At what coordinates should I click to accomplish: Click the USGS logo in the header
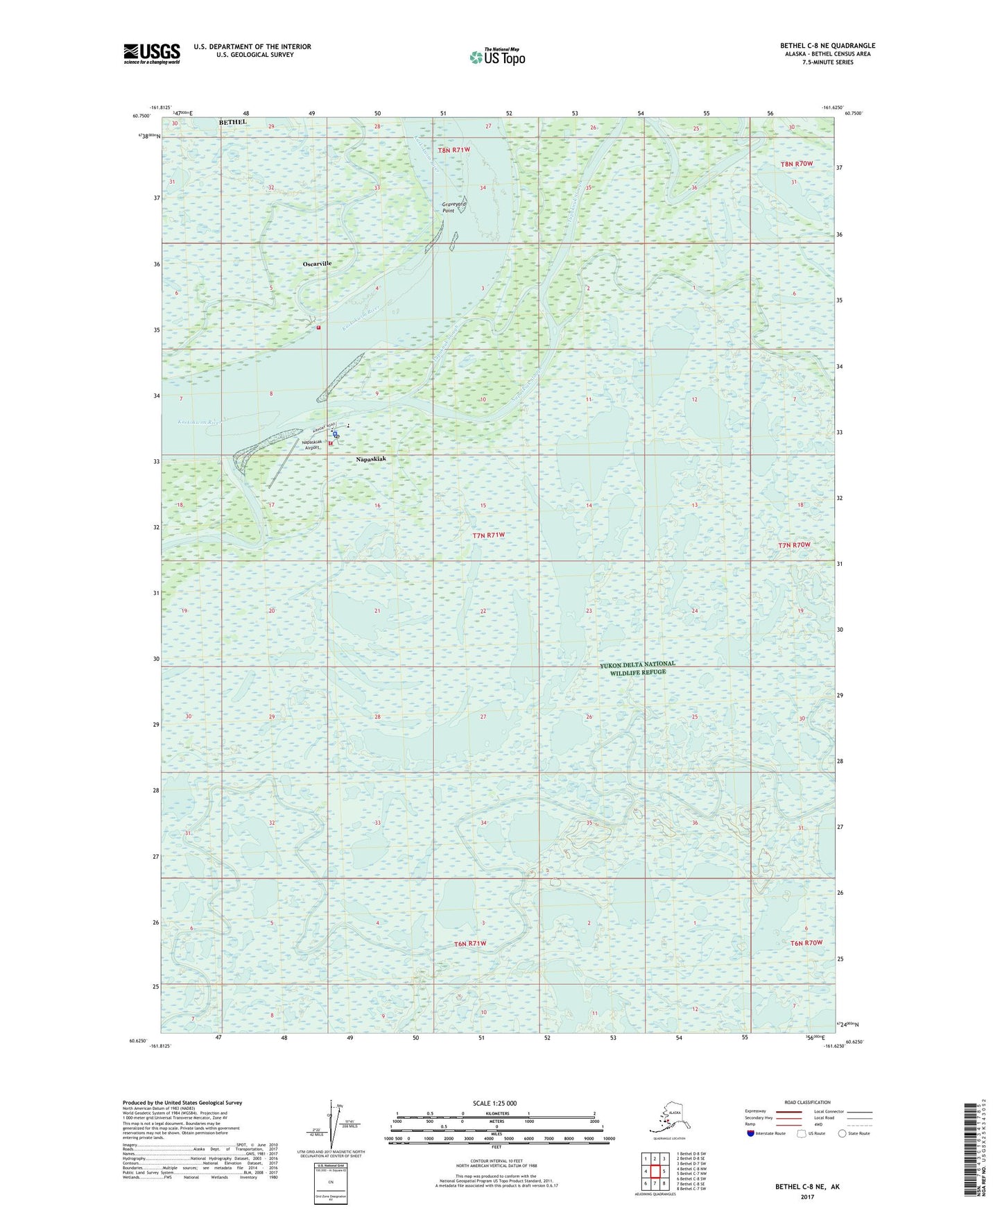151,53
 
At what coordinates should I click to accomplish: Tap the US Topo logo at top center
497,56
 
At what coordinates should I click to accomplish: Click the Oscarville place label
317,264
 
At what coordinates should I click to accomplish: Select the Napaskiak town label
370,459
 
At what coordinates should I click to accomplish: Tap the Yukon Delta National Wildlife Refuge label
637,668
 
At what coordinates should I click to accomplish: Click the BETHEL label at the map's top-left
233,122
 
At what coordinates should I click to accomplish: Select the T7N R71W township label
488,535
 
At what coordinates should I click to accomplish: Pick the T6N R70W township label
806,943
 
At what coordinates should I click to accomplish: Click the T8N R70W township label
796,164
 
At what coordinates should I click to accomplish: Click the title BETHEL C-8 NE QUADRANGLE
827,46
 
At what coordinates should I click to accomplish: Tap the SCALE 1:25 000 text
495,1103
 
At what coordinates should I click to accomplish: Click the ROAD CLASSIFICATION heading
807,1102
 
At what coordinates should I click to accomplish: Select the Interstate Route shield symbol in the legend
750,1133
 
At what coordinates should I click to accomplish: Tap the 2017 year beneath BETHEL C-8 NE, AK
806,1196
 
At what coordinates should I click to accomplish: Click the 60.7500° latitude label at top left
141,116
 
